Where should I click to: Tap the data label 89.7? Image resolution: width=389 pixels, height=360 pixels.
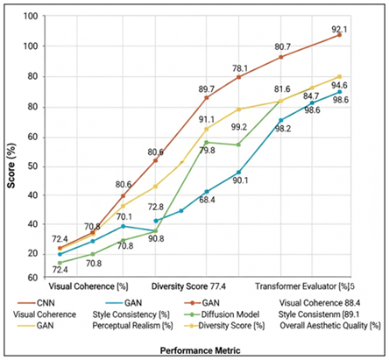[207, 88]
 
